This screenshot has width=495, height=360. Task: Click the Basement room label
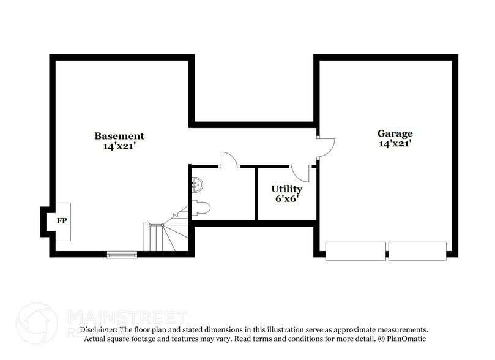coord(119,136)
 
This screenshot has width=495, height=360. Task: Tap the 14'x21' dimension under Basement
coord(119,146)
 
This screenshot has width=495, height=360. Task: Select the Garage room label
coord(394,133)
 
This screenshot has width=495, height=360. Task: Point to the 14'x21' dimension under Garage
coord(394,144)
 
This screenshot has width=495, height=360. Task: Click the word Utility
coord(286,189)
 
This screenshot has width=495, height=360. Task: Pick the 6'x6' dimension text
coord(286,199)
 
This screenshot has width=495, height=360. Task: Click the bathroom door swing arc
coord(229,159)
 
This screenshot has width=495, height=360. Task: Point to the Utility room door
coord(300,173)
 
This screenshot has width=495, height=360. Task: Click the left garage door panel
coord(355,251)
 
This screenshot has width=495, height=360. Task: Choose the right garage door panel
coord(417,251)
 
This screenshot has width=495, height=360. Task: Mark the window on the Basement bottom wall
coord(122,254)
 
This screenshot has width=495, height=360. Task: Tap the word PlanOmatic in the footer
coord(403,339)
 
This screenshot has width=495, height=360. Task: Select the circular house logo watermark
coord(37,323)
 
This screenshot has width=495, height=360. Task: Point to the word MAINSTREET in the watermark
coord(127,318)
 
